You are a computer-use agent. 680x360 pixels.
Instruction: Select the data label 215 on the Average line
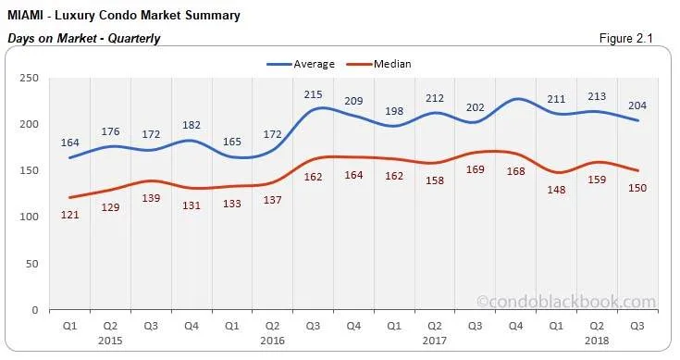[314, 94]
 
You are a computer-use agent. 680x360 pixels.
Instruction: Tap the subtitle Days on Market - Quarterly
[84, 38]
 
